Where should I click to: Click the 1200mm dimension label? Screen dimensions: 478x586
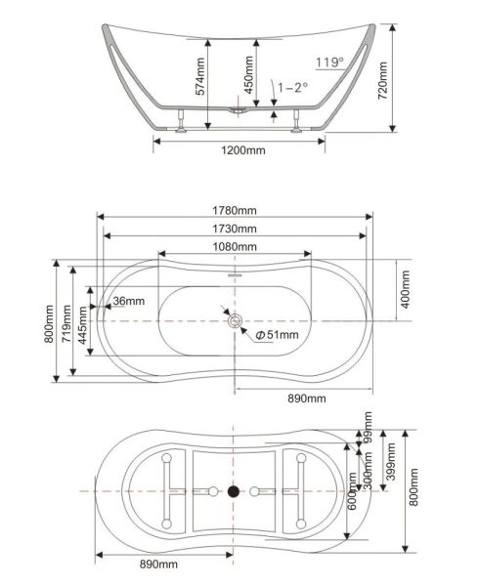click(x=243, y=150)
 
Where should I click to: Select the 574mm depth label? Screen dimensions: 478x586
click(x=200, y=76)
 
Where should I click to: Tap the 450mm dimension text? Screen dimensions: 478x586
click(x=248, y=75)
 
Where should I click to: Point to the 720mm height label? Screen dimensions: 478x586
click(x=382, y=80)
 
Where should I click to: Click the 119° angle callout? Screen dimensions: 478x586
click(x=329, y=63)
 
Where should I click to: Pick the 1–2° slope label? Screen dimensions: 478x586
click(x=292, y=88)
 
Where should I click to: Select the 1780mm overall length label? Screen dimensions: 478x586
click(x=235, y=210)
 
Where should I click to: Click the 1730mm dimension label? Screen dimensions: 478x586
click(x=235, y=229)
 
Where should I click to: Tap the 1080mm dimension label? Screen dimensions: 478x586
click(x=235, y=247)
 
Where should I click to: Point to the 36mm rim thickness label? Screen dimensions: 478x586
click(x=129, y=301)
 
